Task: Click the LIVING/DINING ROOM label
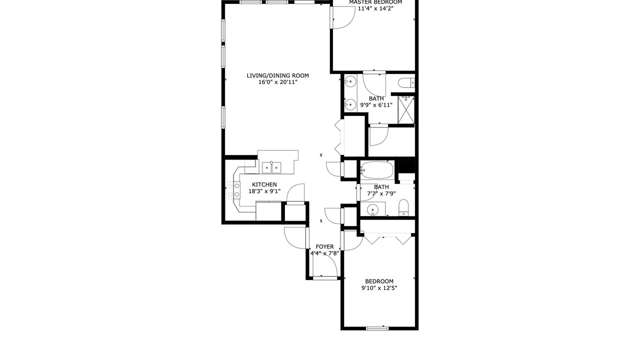tap(277, 75)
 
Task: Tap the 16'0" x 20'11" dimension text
tap(278, 82)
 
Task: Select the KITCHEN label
tap(264, 184)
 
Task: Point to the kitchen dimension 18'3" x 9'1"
tap(264, 191)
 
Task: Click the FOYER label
tap(324, 246)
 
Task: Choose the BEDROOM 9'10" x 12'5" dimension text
tap(379, 288)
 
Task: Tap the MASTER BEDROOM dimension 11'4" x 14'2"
tap(375, 8)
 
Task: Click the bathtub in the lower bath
tap(376, 170)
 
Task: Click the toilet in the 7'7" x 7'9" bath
tap(403, 207)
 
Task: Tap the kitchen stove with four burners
tap(233, 190)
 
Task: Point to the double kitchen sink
tap(271, 167)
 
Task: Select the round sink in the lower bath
tap(372, 210)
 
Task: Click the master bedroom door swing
tap(343, 17)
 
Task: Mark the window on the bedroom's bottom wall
tap(377, 328)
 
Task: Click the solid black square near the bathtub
tap(406, 166)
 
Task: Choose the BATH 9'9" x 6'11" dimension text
tap(376, 105)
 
